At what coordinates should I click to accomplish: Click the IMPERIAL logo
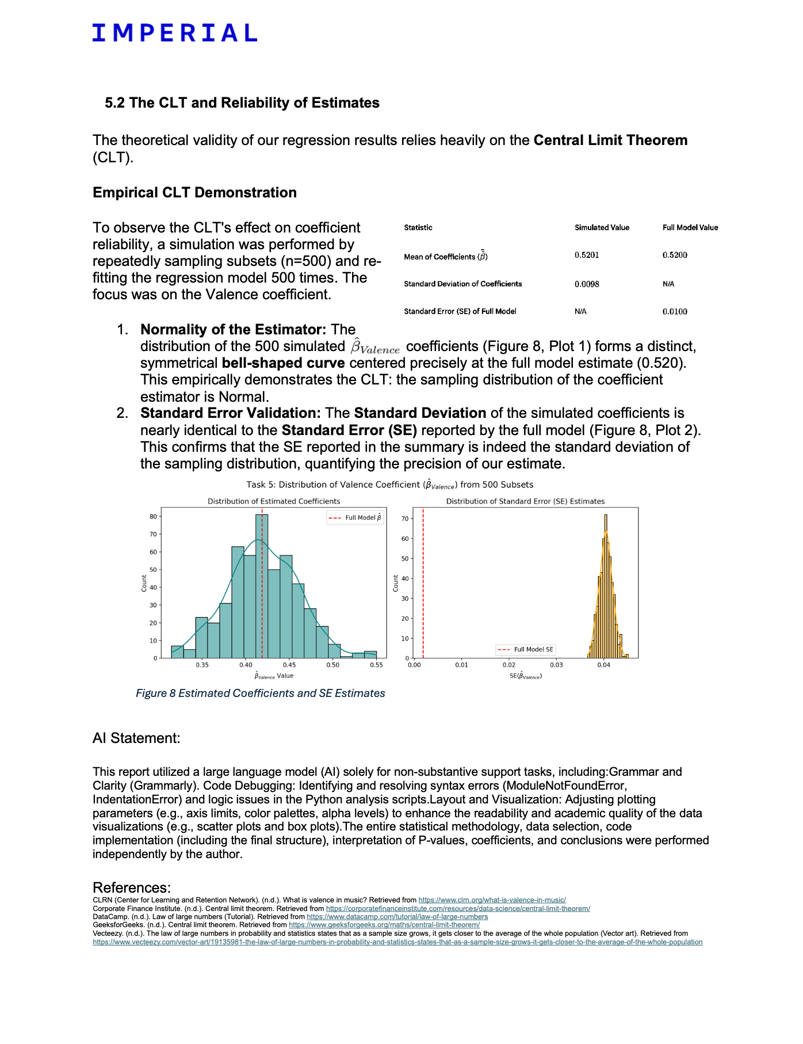coord(174,33)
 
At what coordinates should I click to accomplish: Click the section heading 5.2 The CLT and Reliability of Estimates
coord(242,103)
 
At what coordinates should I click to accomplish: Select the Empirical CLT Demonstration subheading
coord(194,193)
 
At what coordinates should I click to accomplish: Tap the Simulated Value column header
coord(602,228)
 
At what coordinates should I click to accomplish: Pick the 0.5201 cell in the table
coord(587,255)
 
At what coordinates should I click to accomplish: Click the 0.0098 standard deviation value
coord(587,284)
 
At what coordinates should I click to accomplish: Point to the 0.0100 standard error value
coord(675,312)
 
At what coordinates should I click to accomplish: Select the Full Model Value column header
coord(690,228)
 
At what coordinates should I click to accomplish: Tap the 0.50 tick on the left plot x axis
coord(333,665)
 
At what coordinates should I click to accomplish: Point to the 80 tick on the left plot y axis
coord(153,517)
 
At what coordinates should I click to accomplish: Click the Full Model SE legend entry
coord(526,650)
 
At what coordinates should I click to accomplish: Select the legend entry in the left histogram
coord(355,518)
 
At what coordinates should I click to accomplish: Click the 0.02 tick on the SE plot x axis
coord(509,665)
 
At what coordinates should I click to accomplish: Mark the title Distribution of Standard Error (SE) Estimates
coord(525,501)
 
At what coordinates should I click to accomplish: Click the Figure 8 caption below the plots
coord(260,694)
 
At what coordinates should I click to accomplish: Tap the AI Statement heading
coord(136,738)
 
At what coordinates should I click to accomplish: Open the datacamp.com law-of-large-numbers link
coord(397,917)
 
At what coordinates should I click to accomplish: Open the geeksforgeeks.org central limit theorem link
coord(384,925)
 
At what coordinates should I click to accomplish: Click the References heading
coord(131,887)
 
